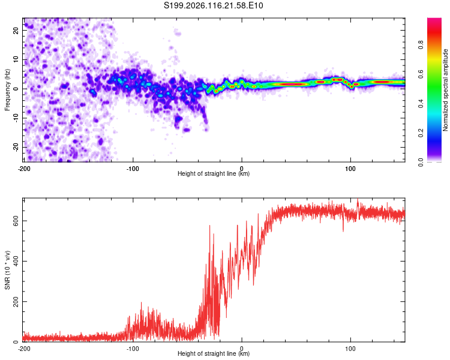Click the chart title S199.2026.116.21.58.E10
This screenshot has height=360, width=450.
[x=213, y=5]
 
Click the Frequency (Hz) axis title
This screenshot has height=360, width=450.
[x=7, y=90]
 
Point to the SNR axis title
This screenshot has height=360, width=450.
[x=7, y=270]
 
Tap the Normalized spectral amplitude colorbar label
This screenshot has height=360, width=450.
[x=445, y=90]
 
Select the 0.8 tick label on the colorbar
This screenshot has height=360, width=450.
[x=421, y=45]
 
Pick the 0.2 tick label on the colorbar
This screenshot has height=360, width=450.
[x=421, y=133]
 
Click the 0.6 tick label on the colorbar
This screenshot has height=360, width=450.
[x=421, y=74]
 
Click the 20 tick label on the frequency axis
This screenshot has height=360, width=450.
[x=16, y=31]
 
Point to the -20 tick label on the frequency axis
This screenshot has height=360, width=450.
[x=16, y=148]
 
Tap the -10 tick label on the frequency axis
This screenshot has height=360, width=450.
[x=16, y=118]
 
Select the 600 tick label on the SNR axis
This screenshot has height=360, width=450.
[x=16, y=221]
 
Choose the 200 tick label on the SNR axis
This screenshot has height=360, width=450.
[x=16, y=302]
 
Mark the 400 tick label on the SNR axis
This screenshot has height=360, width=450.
[x=16, y=261]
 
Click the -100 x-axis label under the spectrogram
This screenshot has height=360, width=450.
[x=133, y=169]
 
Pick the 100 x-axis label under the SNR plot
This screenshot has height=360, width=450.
[x=350, y=349]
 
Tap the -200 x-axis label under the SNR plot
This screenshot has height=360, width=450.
[x=24, y=349]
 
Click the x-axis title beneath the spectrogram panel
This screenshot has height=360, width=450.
[x=214, y=173]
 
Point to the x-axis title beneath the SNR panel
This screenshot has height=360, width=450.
[x=214, y=353]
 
